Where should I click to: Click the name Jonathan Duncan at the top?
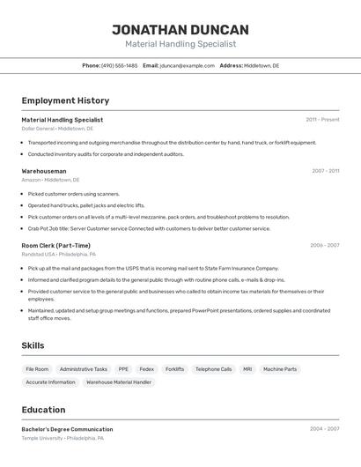(x=180, y=29)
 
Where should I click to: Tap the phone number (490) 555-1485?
(x=119, y=65)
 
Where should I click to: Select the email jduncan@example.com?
(x=187, y=65)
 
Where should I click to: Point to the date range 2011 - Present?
(x=322, y=120)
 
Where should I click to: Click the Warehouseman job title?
(x=44, y=171)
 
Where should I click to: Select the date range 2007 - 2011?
(x=325, y=171)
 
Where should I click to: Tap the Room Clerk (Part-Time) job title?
(x=55, y=246)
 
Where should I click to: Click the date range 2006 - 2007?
(x=324, y=246)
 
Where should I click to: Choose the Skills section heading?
(x=33, y=345)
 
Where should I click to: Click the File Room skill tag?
(x=37, y=369)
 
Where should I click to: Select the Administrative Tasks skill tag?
(x=84, y=369)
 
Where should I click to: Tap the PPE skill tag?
(x=123, y=369)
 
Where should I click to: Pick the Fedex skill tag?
(x=146, y=369)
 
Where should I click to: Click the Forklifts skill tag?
(x=174, y=369)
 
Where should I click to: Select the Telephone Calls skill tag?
(x=213, y=369)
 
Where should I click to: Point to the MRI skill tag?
(x=247, y=369)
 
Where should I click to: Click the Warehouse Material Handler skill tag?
(x=119, y=382)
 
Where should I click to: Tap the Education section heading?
(x=43, y=410)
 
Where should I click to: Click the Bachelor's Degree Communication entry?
(x=67, y=429)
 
